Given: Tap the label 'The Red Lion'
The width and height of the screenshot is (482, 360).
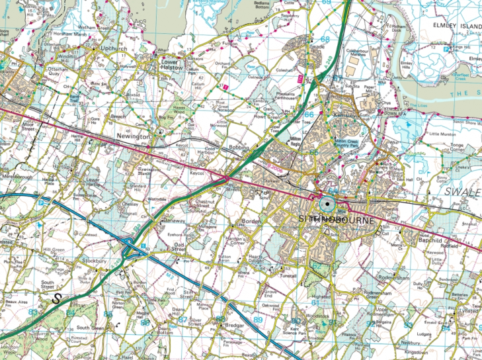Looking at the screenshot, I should [325, 218].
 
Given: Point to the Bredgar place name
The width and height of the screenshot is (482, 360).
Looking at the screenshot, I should [235, 326].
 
